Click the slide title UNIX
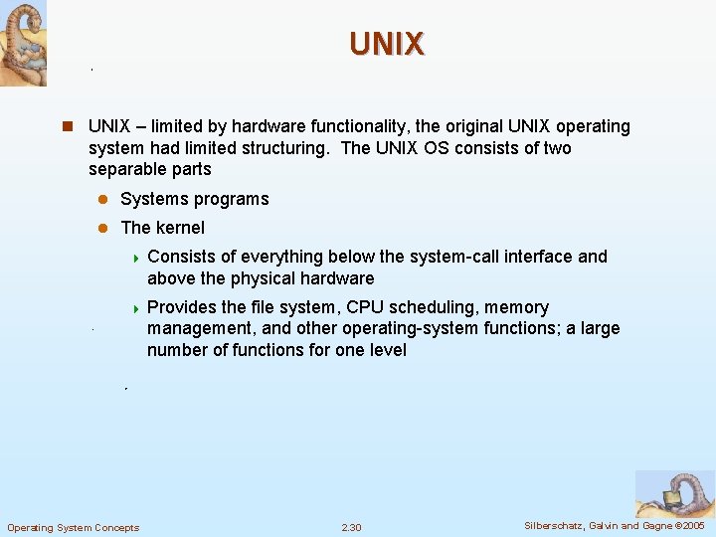pyautogui.click(x=387, y=44)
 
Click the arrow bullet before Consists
pyautogui.click(x=135, y=258)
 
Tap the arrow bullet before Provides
pyautogui.click(x=135, y=308)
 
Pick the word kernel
pyautogui.click(x=180, y=228)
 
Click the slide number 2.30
pyautogui.click(x=351, y=527)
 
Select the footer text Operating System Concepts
pyautogui.click(x=74, y=527)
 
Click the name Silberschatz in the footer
pyautogui.click(x=556, y=526)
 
